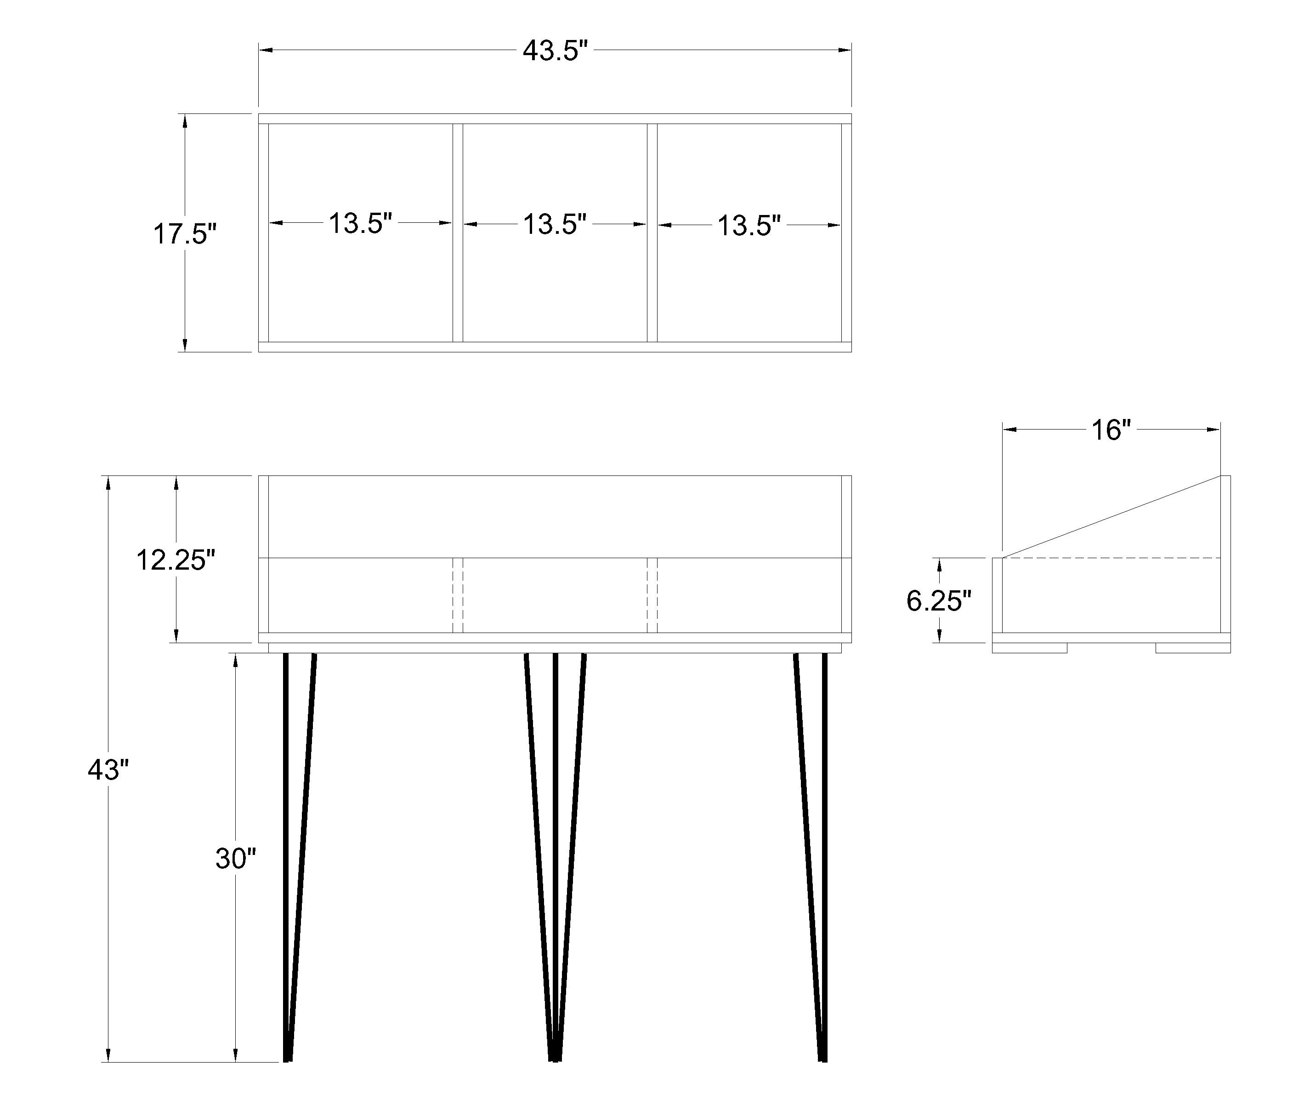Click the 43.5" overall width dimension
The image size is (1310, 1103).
click(x=555, y=51)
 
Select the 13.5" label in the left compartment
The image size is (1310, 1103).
click(x=360, y=223)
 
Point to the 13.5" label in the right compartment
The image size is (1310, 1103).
click(x=749, y=226)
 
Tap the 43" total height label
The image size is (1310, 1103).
click(x=108, y=770)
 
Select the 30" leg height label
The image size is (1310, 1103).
click(x=236, y=859)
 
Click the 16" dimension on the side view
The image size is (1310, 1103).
click(x=1111, y=430)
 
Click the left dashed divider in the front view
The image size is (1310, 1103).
click(x=458, y=595)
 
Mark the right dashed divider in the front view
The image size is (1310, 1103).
click(x=652, y=595)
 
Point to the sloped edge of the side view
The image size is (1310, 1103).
click(x=1111, y=516)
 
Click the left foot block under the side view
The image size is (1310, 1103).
click(x=1029, y=648)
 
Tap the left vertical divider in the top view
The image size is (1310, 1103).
click(x=458, y=232)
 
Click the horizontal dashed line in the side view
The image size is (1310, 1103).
click(x=1111, y=558)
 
